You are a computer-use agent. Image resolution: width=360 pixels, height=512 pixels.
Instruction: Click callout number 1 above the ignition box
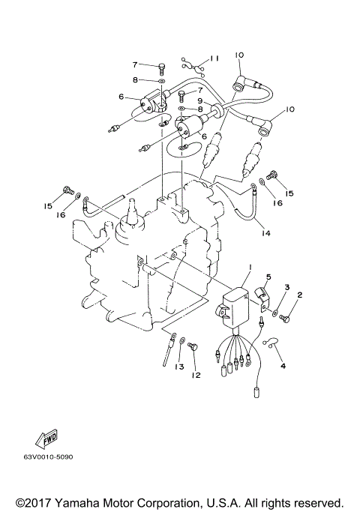(250, 267)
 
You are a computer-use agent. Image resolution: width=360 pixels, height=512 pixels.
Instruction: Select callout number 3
(286, 287)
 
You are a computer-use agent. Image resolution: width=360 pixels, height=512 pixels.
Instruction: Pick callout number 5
(268, 277)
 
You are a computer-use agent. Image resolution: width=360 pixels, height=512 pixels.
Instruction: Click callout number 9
(199, 101)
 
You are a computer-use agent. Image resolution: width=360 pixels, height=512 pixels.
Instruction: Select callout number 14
(265, 232)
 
